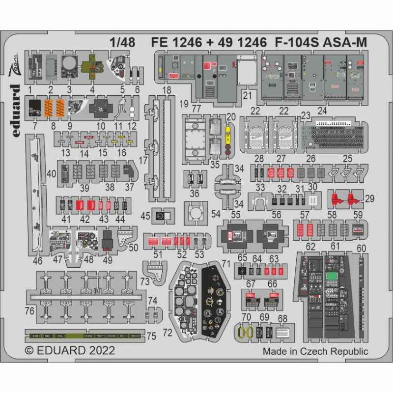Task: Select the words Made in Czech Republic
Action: point(315,351)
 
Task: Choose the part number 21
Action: point(247,94)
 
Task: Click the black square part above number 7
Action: point(34,107)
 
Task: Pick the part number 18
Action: point(167,90)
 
